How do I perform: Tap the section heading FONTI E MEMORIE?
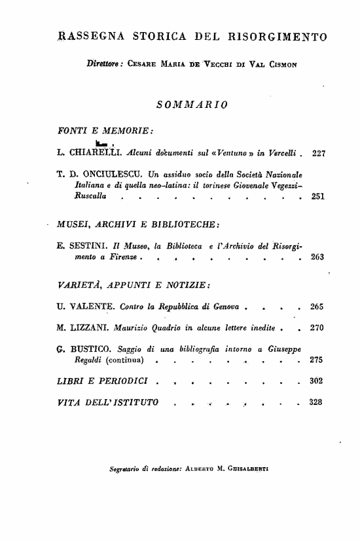click(105, 128)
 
